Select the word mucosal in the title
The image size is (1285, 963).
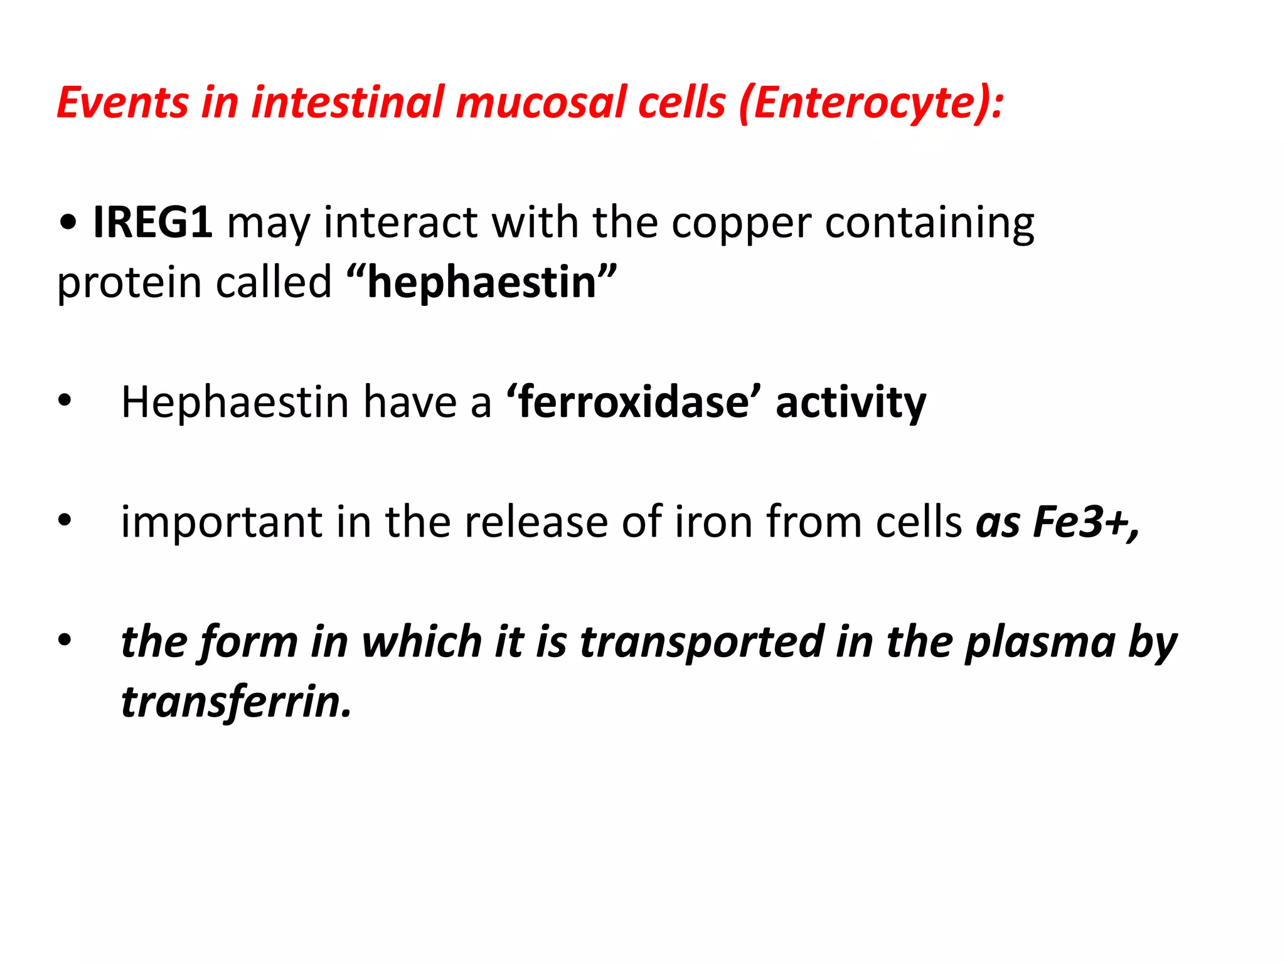541,102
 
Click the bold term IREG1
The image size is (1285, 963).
152,222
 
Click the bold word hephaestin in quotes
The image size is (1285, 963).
482,283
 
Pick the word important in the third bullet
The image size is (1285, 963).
221,522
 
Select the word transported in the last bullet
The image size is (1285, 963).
701,643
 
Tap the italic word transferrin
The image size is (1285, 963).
236,702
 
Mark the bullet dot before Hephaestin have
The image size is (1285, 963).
65,401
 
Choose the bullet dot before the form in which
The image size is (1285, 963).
65,641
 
